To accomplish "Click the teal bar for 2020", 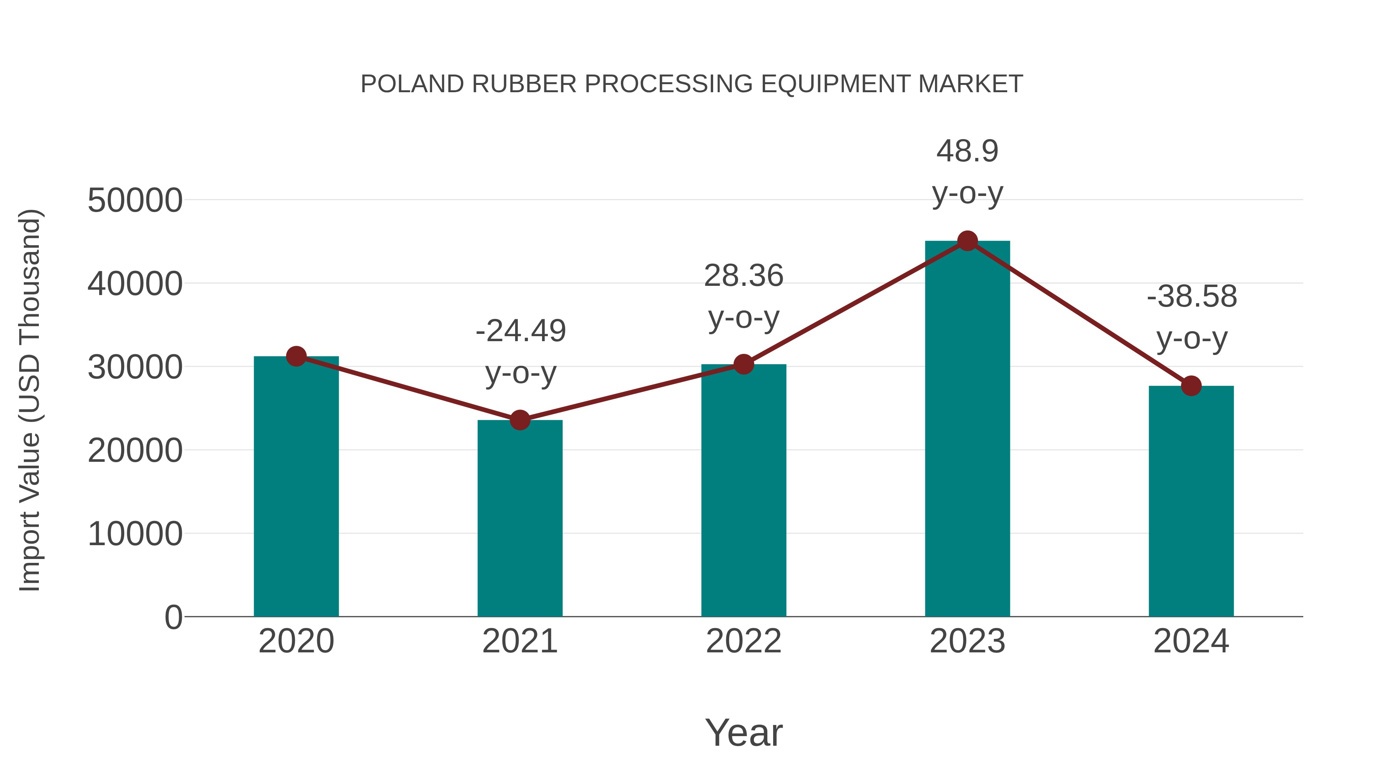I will pos(296,486).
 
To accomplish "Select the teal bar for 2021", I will pos(519,518).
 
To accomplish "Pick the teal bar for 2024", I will pos(1191,501).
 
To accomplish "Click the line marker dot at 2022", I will pos(744,365).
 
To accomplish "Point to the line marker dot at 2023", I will pos(967,241).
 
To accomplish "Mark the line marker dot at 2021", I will pos(519,420).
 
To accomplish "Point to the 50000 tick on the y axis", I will pos(135,201).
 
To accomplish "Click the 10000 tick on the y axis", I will pos(135,534).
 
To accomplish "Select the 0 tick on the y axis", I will pos(173,617).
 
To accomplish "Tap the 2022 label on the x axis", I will pos(744,641).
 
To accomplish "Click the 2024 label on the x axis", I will pos(1191,641).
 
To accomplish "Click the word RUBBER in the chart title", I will pos(524,84).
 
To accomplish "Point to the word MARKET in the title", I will pos(970,84).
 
